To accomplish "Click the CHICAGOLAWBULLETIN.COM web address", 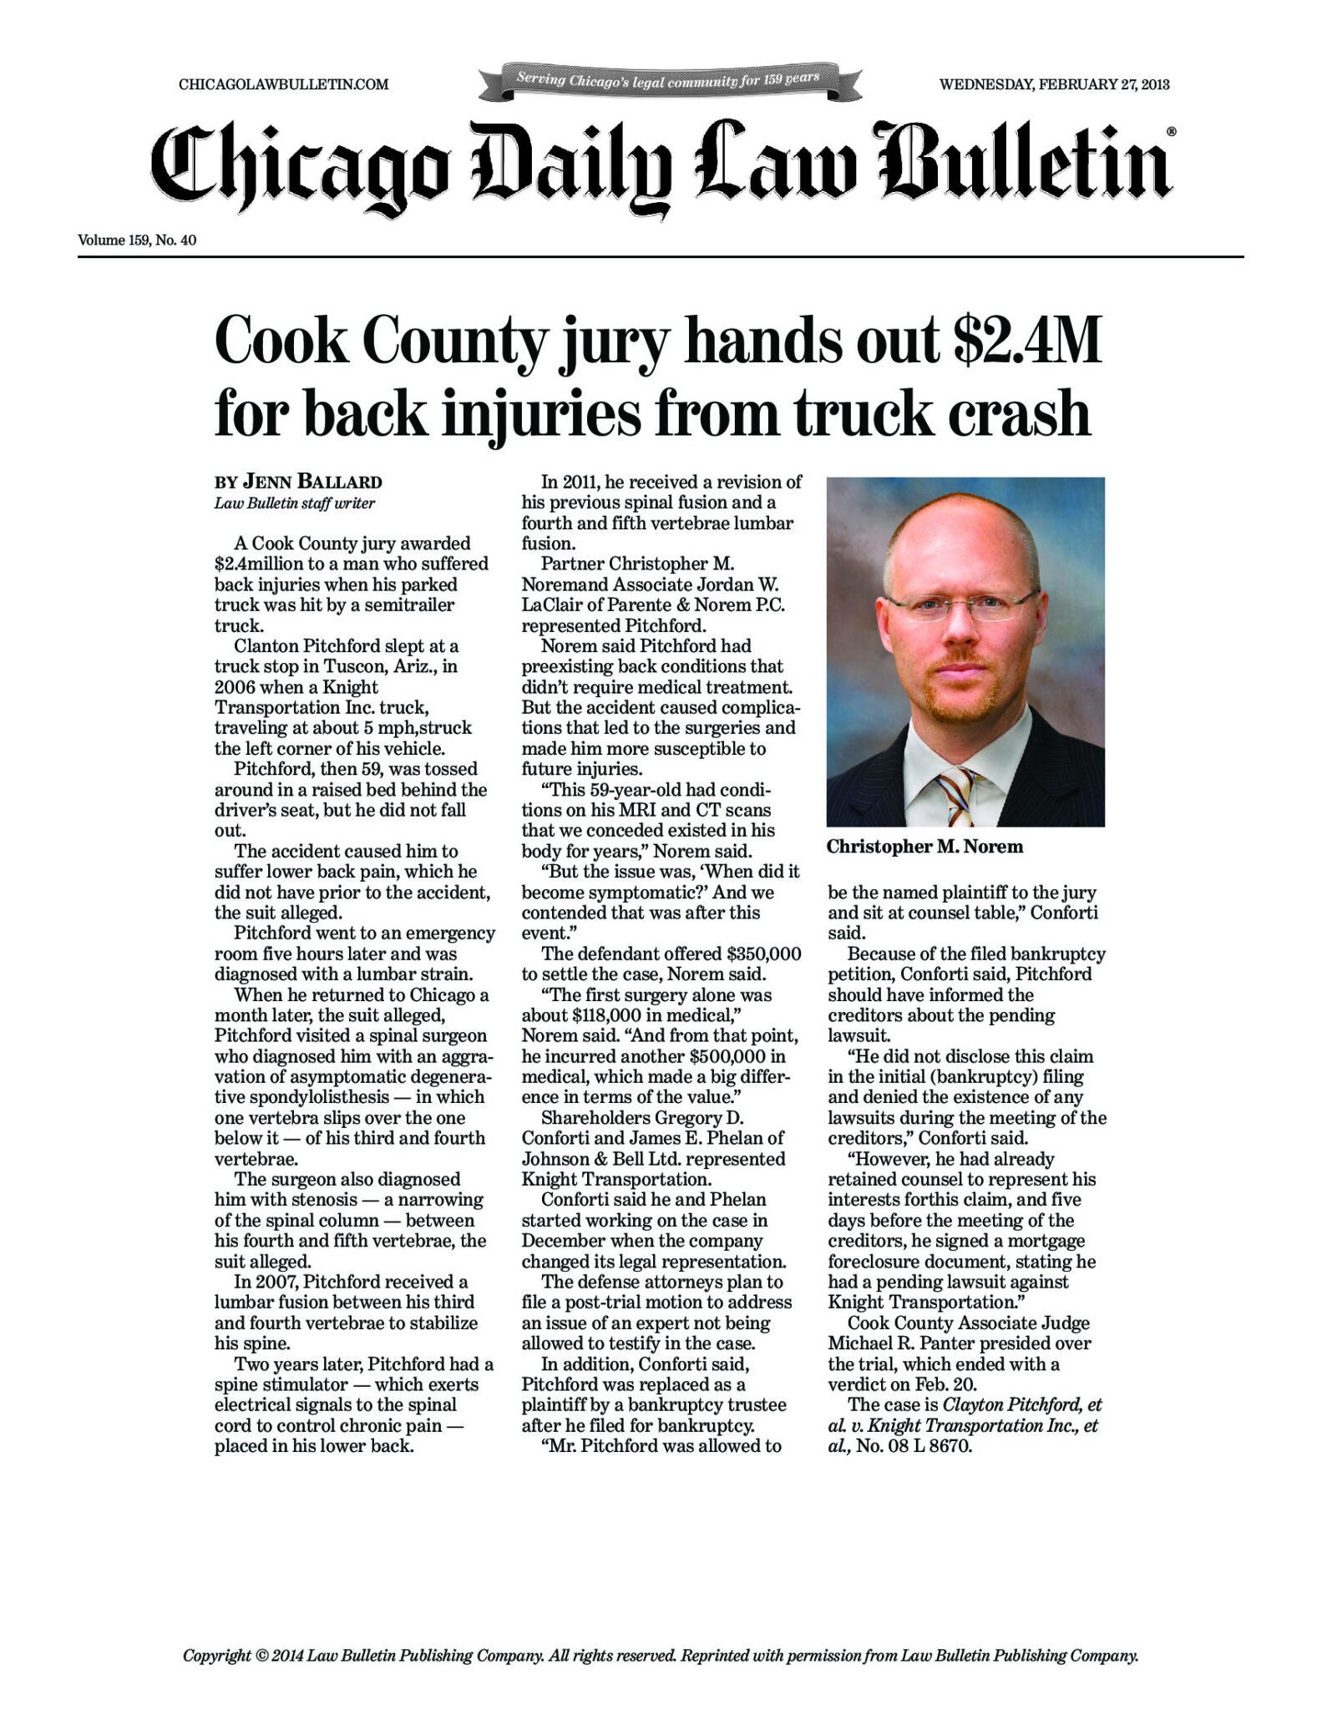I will pos(284,84).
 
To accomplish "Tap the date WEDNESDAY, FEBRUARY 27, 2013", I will pos(1054,84).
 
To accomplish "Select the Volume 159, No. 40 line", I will pos(137,240).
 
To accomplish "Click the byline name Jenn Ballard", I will pos(312,482).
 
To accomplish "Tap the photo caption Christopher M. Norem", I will pos(924,847).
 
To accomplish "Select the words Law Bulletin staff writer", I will pos(295,503).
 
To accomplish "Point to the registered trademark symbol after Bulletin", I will pos(1171,132).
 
